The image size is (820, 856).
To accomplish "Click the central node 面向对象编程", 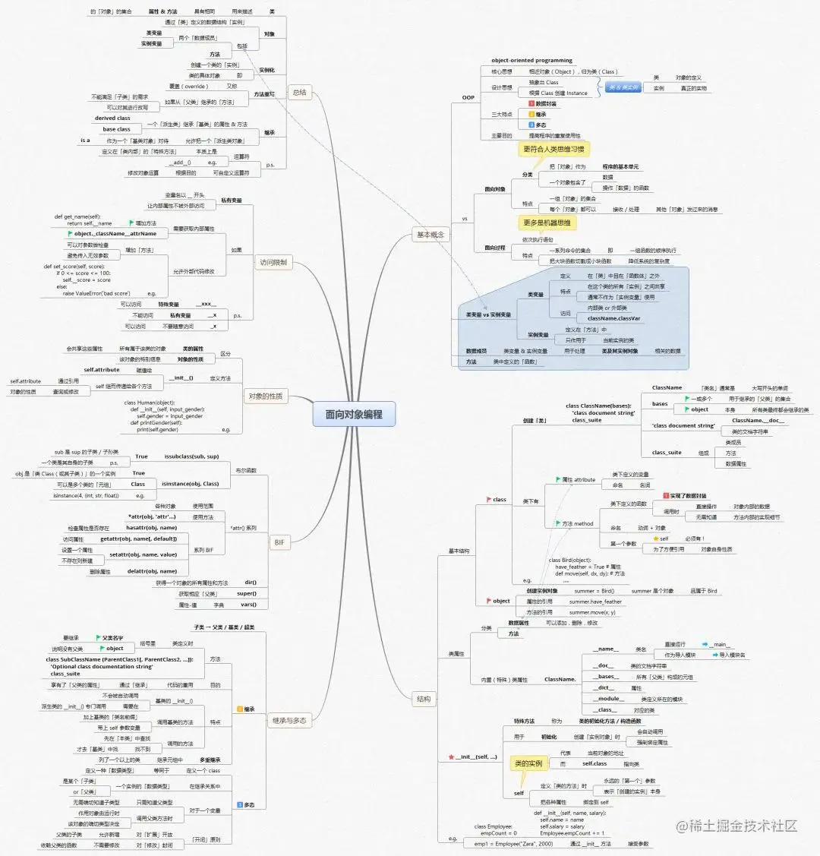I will tap(354, 415).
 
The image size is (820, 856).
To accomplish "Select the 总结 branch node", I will tap(299, 93).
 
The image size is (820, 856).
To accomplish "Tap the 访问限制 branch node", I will tap(274, 263).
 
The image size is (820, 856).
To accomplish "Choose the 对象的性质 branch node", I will tap(266, 396).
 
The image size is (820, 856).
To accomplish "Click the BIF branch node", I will tap(279, 542).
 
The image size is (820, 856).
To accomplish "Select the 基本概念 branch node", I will tap(430, 235).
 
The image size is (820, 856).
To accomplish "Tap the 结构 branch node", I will tap(423, 699).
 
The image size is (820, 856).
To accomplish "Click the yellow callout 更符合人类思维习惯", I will tap(553, 150).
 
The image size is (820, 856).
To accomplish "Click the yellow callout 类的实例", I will tap(528, 763).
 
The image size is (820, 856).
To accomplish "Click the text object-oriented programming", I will tap(531, 61).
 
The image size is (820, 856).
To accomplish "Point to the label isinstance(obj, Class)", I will tap(190, 483).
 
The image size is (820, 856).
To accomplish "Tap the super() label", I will tap(246, 593).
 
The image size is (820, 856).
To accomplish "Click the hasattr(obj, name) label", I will tap(151, 527).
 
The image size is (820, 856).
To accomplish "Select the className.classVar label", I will tap(613, 318).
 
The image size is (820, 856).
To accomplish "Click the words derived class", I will tap(112, 118).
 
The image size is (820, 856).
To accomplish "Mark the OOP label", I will tap(468, 97).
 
